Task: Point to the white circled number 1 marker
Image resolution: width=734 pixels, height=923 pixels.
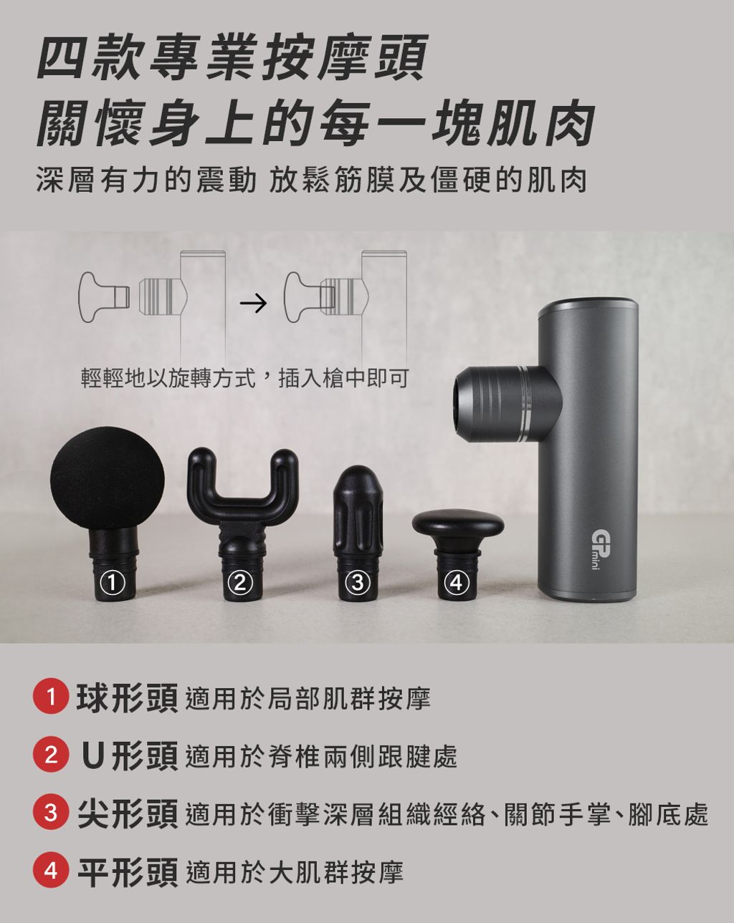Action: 112,583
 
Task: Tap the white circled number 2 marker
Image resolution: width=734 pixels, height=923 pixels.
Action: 241,583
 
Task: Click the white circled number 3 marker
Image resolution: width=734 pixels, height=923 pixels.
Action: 359,583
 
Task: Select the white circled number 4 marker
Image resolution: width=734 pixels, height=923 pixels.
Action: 457,583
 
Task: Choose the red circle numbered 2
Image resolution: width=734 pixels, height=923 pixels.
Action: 51,755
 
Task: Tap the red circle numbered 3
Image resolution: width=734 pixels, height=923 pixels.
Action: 51,812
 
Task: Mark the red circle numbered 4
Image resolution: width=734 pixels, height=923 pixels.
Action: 51,869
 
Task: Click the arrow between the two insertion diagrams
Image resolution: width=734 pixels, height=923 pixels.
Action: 254,303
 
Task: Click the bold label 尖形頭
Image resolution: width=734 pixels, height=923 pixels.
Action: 128,812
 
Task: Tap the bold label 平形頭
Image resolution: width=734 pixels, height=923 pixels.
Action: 128,869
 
